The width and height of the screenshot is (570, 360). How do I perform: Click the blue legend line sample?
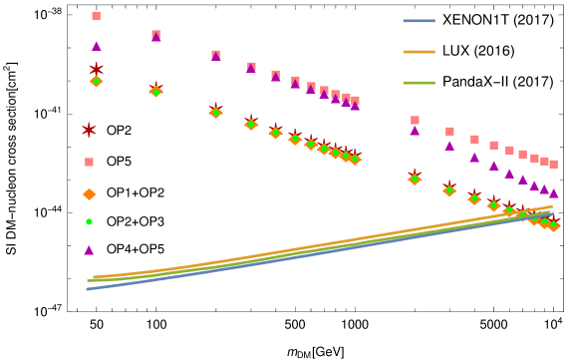click(x=419, y=21)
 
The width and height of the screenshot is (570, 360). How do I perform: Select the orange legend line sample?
click(x=419, y=52)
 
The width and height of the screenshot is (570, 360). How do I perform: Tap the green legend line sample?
click(x=419, y=83)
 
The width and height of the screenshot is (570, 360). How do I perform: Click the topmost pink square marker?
click(x=96, y=16)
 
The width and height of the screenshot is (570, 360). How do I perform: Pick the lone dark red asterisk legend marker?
click(x=89, y=130)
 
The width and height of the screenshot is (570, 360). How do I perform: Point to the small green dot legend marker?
click(x=89, y=221)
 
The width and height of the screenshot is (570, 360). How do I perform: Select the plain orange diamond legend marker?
click(x=89, y=194)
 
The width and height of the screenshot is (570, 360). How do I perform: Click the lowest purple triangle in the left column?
click(x=89, y=250)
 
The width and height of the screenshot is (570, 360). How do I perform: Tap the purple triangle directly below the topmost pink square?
click(x=97, y=46)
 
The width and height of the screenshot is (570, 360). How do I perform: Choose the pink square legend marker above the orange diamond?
click(x=89, y=162)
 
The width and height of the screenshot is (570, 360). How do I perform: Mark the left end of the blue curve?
click(x=88, y=289)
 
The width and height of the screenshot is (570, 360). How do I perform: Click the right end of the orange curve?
click(x=551, y=207)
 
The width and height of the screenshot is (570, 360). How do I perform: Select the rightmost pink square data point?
click(x=553, y=164)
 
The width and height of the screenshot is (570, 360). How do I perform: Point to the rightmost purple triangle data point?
click(x=554, y=193)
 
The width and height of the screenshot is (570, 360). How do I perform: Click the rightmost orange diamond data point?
click(x=554, y=225)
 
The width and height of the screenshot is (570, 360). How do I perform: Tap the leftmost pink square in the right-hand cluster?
click(x=415, y=121)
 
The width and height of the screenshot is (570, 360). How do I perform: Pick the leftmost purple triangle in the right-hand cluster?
click(x=415, y=131)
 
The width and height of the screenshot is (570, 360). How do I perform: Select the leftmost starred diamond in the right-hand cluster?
click(x=415, y=179)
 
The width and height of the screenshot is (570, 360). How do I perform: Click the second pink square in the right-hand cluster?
click(x=449, y=132)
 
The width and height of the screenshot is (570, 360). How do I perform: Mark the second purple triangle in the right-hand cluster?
click(x=449, y=146)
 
